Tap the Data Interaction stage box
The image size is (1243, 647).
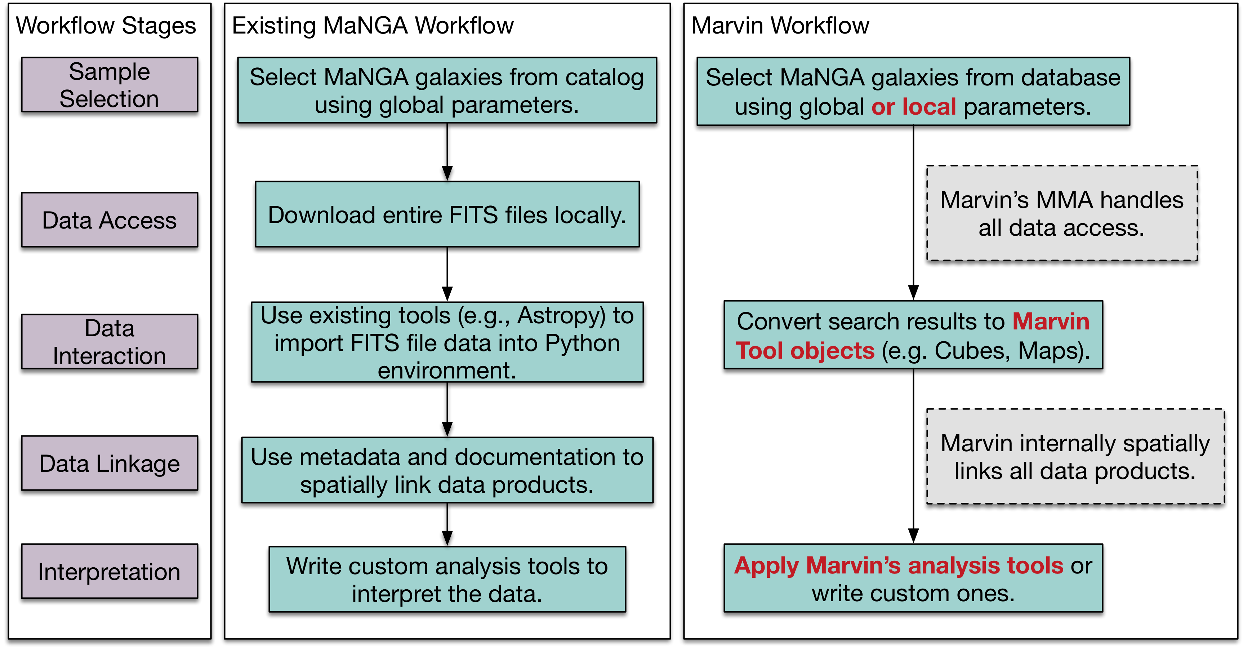110,342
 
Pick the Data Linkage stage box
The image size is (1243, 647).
110,464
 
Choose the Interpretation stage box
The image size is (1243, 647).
110,572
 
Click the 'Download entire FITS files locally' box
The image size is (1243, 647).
447,214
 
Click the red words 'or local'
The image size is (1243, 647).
913,107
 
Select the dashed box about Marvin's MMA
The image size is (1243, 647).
1062,213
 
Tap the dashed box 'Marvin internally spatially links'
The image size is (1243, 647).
1075,457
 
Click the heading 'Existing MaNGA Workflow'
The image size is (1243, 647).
373,26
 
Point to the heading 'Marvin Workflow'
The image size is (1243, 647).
780,26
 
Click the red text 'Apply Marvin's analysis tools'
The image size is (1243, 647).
899,566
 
